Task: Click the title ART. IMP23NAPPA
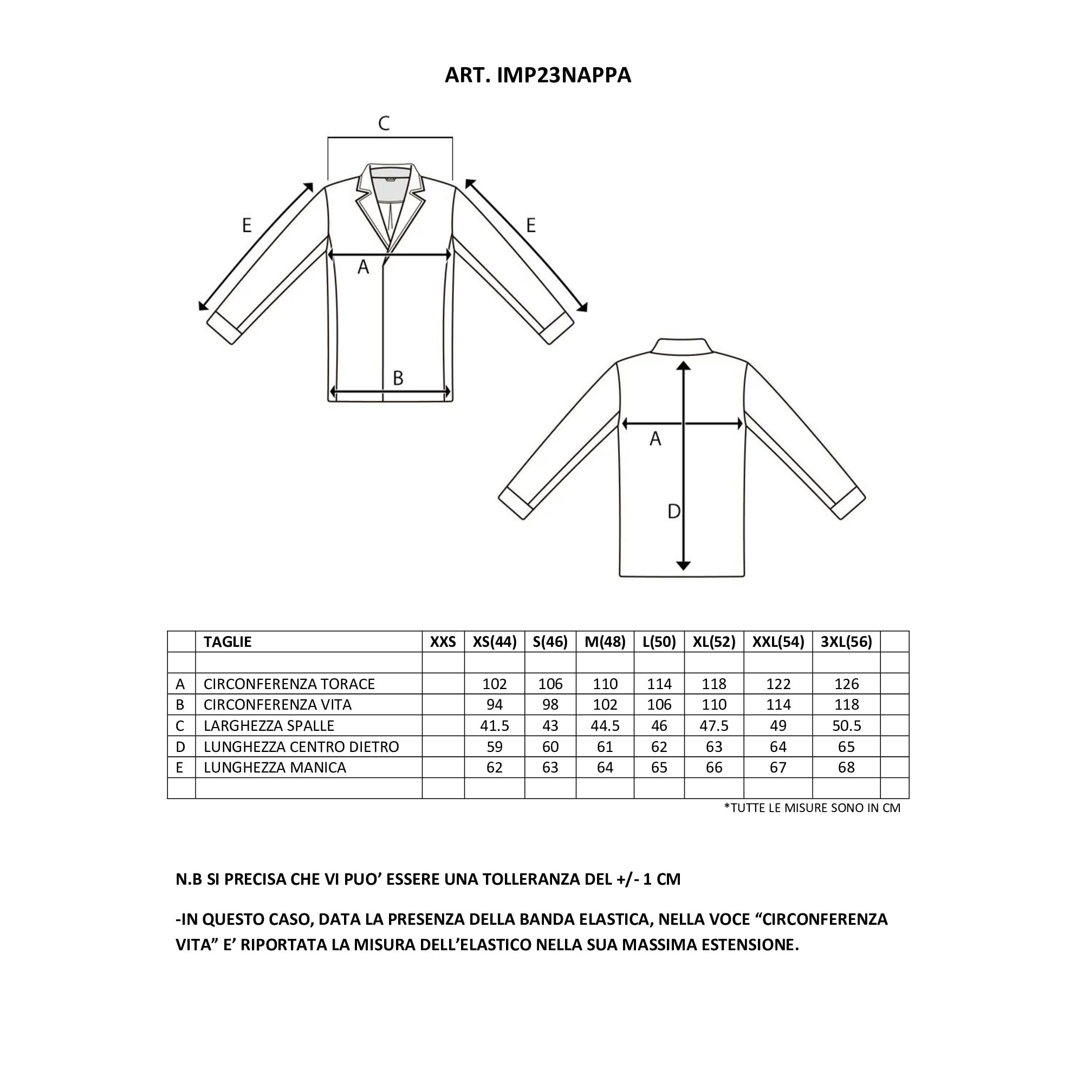point(537,75)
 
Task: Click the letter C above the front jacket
point(384,123)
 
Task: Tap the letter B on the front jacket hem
point(398,378)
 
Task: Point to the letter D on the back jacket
point(673,511)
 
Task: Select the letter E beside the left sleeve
point(246,225)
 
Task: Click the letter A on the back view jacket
point(655,439)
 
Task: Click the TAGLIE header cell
point(228,641)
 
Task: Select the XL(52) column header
point(713,641)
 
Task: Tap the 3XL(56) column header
point(846,641)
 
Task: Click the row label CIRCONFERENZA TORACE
point(289,684)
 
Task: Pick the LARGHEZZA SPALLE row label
point(269,726)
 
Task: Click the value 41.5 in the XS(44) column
point(494,726)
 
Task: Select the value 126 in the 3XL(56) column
point(846,684)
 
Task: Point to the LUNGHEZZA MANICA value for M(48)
point(605,768)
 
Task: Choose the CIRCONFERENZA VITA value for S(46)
point(550,705)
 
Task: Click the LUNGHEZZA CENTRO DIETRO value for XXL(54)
point(777,747)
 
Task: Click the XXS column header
point(443,641)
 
